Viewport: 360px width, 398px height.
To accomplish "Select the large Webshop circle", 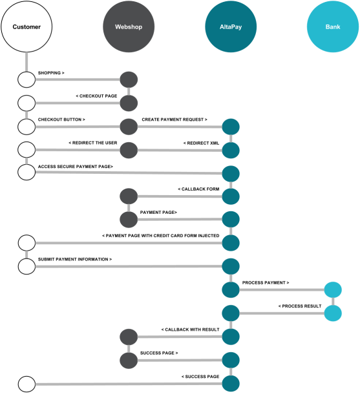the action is click(x=129, y=26).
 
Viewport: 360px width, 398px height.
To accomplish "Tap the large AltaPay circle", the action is click(x=231, y=26).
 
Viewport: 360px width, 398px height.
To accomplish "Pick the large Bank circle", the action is click(x=333, y=26).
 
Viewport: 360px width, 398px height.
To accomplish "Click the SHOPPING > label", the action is click(x=51, y=73).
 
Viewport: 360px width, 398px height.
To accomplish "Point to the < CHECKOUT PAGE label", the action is click(x=96, y=96).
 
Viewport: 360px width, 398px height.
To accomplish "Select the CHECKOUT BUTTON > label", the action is click(x=61, y=120).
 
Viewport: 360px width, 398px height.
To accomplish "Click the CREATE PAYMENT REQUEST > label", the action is click(x=175, y=120).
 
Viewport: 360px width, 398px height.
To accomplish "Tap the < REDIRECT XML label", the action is click(x=201, y=143).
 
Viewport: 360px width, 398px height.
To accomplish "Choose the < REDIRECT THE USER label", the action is click(x=93, y=143).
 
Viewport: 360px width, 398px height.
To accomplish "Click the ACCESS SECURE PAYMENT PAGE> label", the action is click(x=76, y=167).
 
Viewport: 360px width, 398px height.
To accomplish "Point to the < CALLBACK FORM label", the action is click(x=198, y=189).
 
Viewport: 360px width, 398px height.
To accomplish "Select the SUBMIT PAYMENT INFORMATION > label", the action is click(x=75, y=259).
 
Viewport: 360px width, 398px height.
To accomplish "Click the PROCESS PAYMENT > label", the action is click(x=266, y=282).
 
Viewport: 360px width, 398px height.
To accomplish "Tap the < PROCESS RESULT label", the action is click(x=300, y=306).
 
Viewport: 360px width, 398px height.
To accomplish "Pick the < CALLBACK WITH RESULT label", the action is click(x=190, y=330).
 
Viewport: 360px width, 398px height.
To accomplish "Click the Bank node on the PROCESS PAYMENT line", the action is click(x=333, y=289).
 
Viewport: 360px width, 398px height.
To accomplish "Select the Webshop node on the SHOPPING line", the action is click(x=129, y=79).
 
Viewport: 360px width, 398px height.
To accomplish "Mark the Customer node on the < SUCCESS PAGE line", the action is click(x=26, y=384).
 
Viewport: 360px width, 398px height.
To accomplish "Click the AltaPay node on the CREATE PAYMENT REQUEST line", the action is click(x=231, y=127).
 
